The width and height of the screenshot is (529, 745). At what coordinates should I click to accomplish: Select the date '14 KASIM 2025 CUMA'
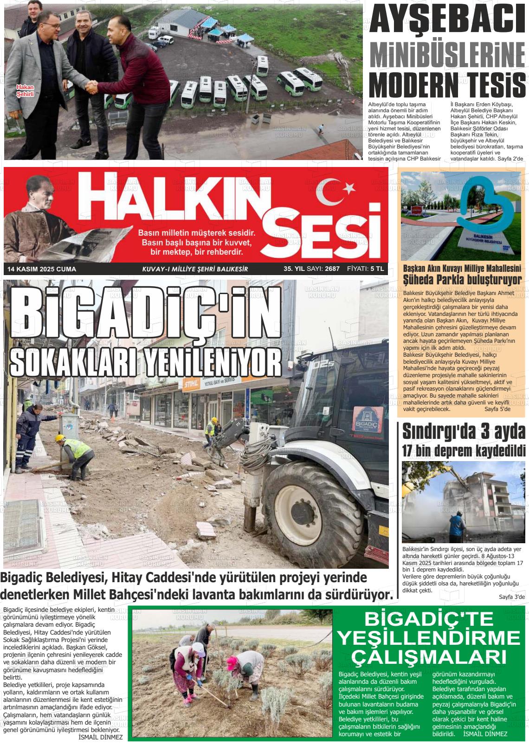[42, 269]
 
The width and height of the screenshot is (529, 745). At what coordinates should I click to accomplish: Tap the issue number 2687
[332, 269]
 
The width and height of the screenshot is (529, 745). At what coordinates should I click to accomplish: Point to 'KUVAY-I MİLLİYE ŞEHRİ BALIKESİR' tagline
[195, 269]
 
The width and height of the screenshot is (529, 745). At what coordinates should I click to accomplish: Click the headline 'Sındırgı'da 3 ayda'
[464, 432]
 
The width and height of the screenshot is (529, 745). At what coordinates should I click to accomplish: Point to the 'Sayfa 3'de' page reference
[511, 597]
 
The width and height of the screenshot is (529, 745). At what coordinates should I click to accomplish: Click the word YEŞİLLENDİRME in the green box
[428, 639]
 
